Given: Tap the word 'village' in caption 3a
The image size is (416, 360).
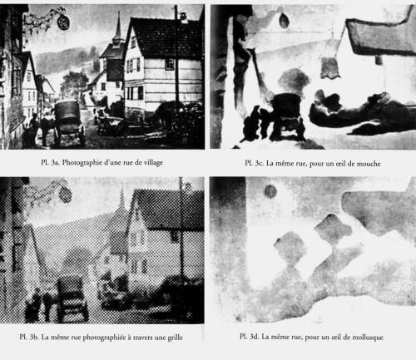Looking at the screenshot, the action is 153,162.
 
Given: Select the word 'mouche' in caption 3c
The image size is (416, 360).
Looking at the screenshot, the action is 369,164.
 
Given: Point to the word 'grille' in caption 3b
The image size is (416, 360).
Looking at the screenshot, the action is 175,338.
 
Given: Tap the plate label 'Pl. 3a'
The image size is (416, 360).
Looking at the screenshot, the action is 50,162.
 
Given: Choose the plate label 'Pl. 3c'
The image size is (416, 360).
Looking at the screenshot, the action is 254,163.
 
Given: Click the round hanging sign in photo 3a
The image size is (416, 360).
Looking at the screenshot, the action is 63,22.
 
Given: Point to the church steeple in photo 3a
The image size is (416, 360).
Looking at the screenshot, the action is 118,30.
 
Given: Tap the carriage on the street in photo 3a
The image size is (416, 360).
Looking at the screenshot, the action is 69,122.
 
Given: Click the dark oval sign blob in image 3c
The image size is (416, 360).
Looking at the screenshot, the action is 284,21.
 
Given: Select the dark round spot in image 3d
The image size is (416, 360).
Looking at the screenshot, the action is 270,191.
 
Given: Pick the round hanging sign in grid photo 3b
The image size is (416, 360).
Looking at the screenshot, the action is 66,194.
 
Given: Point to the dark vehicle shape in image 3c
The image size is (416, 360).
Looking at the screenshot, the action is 287,115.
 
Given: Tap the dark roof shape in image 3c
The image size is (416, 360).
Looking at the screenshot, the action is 379,35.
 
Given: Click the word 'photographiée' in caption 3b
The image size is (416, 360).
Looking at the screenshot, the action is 104,338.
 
